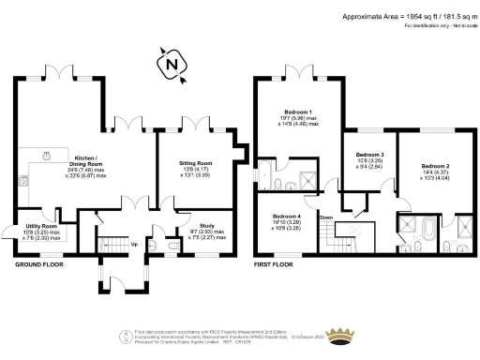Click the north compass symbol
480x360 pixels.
(170, 65)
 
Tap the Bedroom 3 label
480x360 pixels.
(369, 159)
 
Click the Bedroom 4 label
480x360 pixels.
(286, 221)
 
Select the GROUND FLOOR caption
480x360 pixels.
(39, 265)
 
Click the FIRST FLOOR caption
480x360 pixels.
(277, 265)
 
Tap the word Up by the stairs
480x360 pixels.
(134, 246)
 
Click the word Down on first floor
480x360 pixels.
(326, 217)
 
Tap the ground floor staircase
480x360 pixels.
(114, 240)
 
